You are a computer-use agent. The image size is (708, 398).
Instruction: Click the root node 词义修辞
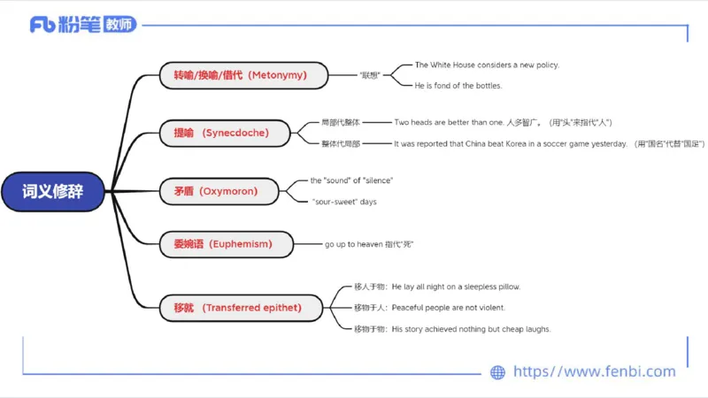point(53,191)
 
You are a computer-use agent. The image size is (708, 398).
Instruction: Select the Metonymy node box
point(242,75)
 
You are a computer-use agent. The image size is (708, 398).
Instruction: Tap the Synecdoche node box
point(225,134)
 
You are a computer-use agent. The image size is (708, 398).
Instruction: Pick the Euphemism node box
point(227,243)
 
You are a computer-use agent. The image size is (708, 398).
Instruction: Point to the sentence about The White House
point(487,65)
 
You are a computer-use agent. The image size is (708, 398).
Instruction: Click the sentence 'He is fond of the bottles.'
point(458,86)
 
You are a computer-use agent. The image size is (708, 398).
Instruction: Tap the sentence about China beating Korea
point(510,143)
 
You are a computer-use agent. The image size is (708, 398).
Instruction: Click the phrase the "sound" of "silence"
point(351,180)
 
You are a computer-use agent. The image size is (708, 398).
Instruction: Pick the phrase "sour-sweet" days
point(344,202)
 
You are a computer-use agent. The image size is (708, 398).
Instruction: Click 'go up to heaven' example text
point(369,243)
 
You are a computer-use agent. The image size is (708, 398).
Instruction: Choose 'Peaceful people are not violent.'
point(449,308)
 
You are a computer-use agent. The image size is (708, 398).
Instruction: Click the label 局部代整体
point(341,122)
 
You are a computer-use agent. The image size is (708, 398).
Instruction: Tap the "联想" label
point(370,75)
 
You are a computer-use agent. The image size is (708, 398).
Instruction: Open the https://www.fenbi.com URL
point(594,372)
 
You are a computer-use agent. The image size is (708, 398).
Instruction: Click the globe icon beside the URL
point(497,372)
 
